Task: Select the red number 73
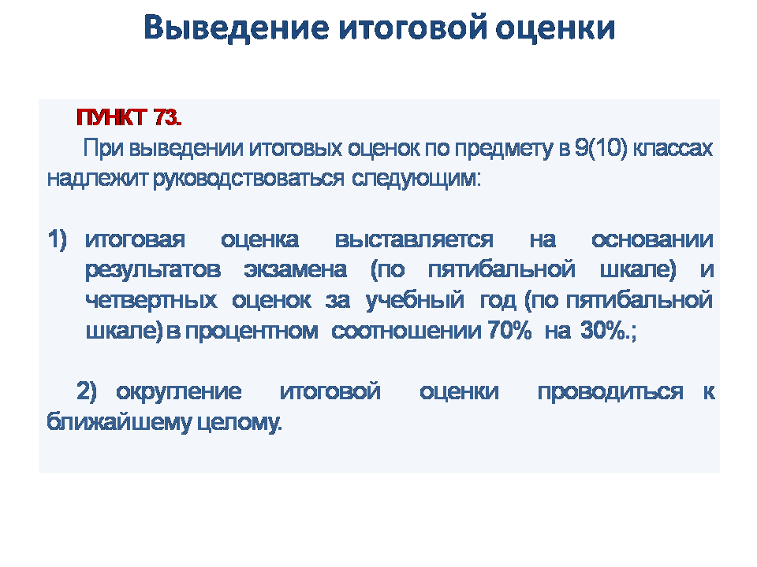[x=167, y=117]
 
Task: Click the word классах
[x=673, y=149]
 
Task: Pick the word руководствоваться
[x=249, y=179]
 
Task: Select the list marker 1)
[x=57, y=239]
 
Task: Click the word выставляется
[x=414, y=240]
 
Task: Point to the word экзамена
[x=295, y=269]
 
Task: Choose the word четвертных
[x=151, y=300]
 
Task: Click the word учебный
[x=416, y=300]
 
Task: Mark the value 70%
[x=509, y=331]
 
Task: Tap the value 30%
[x=604, y=331]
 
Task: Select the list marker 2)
[x=87, y=391]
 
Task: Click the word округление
[x=179, y=392]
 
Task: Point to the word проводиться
[x=610, y=392]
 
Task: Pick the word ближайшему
[x=119, y=422]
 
